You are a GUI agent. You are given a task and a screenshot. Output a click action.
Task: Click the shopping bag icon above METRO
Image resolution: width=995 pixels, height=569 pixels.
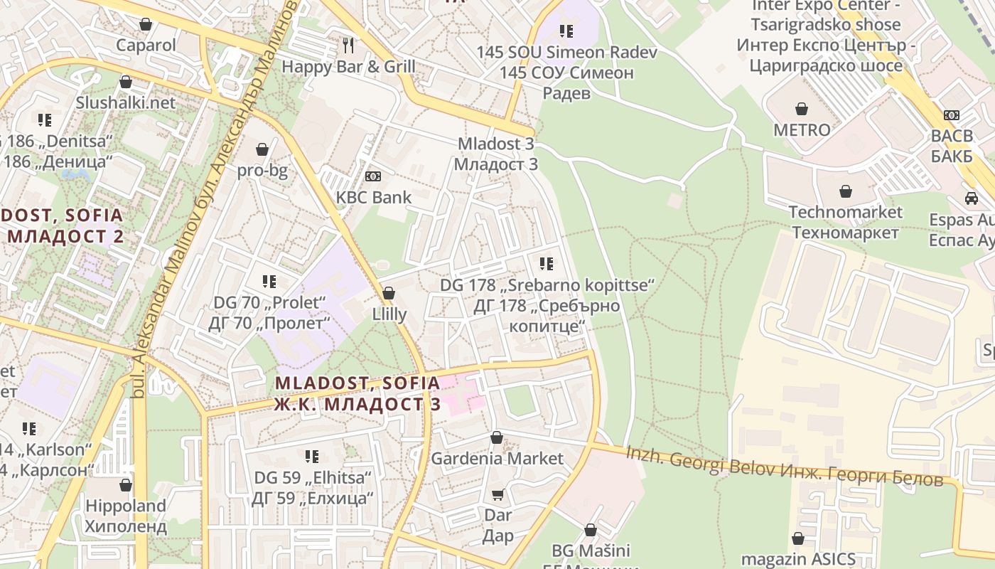[x=802, y=109]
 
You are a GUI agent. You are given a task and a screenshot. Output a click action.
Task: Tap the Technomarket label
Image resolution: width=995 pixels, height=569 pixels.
[x=846, y=212]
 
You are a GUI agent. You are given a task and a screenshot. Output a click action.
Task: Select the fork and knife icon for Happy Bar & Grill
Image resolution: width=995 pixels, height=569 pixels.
[x=348, y=46]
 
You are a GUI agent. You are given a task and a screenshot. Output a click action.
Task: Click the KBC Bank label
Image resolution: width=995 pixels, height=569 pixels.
[x=374, y=197]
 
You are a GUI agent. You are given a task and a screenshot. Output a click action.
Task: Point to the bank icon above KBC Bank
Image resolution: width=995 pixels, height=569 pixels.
[x=373, y=176]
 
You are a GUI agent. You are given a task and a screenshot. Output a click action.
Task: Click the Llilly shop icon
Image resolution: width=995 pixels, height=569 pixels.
[x=389, y=293]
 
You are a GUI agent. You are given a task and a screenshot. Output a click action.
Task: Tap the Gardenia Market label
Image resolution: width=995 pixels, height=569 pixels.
[x=497, y=459]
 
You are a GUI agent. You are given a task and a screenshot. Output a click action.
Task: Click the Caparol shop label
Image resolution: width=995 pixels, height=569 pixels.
[x=146, y=46]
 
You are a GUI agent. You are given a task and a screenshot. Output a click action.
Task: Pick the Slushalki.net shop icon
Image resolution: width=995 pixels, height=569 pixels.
[x=126, y=82]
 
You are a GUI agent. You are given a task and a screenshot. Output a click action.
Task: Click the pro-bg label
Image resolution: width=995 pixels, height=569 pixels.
[x=262, y=171]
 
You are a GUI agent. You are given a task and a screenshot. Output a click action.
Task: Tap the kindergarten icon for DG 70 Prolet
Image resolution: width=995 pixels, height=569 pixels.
[x=269, y=282]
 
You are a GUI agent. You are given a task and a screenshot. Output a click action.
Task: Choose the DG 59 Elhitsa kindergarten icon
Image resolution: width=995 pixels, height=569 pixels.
[x=312, y=456]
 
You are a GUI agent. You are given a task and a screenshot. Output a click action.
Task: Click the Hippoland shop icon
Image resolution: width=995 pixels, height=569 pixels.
[x=126, y=485]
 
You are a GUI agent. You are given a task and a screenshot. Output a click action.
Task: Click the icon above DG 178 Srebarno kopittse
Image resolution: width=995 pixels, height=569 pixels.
[x=546, y=264]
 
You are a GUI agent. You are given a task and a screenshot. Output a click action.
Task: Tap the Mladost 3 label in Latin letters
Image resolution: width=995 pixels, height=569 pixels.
[x=495, y=144]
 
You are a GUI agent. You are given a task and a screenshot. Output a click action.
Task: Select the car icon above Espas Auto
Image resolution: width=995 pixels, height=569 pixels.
[x=972, y=198]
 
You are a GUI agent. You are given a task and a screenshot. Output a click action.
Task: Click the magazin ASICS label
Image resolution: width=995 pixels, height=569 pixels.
[x=798, y=559]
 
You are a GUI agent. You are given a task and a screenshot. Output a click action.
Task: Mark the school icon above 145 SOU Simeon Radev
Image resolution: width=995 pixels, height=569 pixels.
[x=566, y=31]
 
